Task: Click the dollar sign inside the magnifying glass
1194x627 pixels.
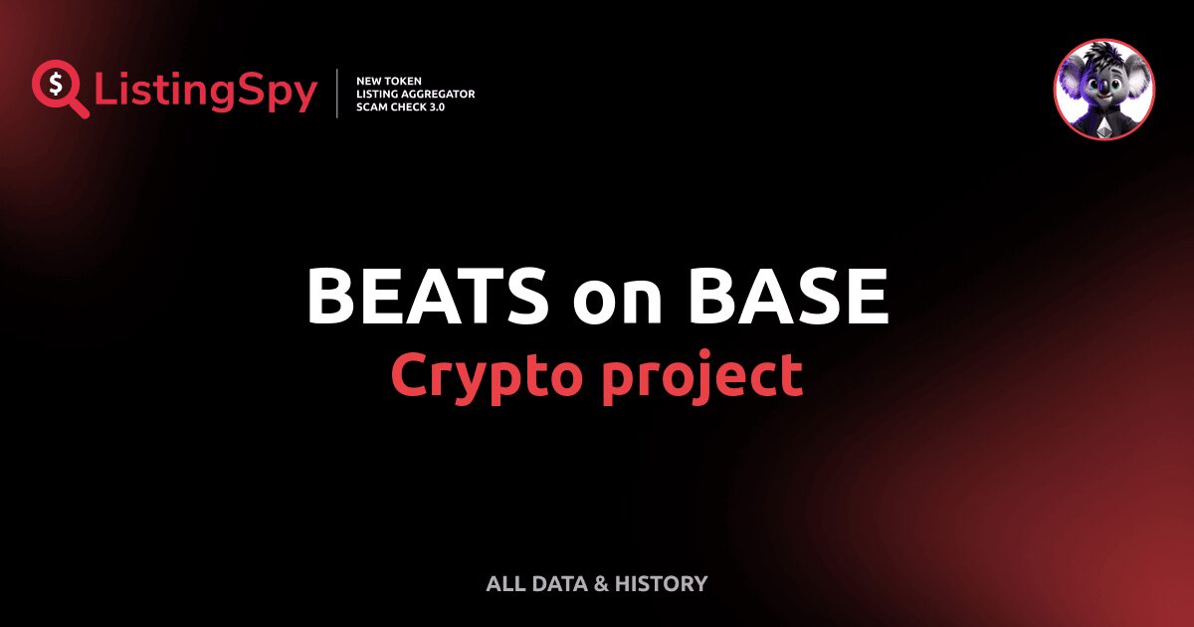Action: tap(54, 83)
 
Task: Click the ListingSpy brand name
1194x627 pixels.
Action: tap(206, 92)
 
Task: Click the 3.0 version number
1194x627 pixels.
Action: tap(434, 106)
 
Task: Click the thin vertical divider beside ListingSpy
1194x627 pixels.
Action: tap(338, 94)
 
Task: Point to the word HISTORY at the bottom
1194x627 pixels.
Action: tap(661, 584)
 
